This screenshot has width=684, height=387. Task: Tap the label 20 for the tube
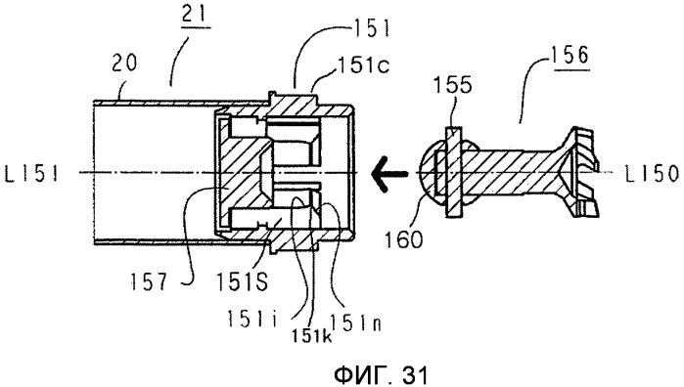click(x=124, y=64)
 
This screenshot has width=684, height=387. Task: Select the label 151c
click(x=363, y=65)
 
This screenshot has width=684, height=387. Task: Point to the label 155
click(x=452, y=85)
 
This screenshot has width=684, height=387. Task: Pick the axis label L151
click(x=31, y=174)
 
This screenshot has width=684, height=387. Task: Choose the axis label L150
click(x=653, y=174)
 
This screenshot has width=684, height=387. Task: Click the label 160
click(x=403, y=239)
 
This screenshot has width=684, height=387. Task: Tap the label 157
click(x=149, y=282)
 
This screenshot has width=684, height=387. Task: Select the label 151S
click(x=242, y=282)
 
